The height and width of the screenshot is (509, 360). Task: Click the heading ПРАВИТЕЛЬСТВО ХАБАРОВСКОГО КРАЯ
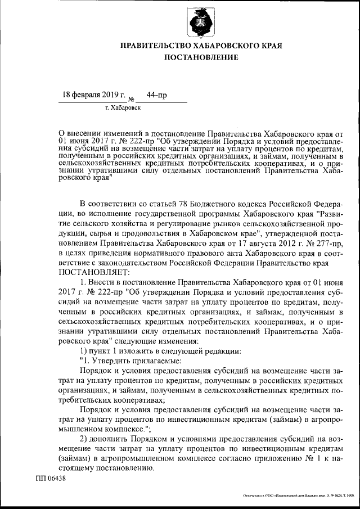click(201, 45)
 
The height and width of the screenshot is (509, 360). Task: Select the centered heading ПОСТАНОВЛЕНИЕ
click(201, 57)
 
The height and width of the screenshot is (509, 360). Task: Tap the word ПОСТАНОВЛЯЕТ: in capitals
click(93, 271)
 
